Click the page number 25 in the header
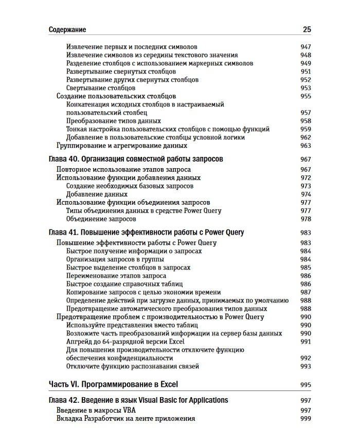307,29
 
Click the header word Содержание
67,30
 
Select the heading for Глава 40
136,159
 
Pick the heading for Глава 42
138,400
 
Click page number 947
306,47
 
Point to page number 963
306,146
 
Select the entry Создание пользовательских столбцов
116,96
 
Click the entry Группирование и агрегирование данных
121,146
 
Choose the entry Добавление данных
97,194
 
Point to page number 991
306,342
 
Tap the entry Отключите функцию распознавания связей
133,366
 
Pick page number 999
306,419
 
